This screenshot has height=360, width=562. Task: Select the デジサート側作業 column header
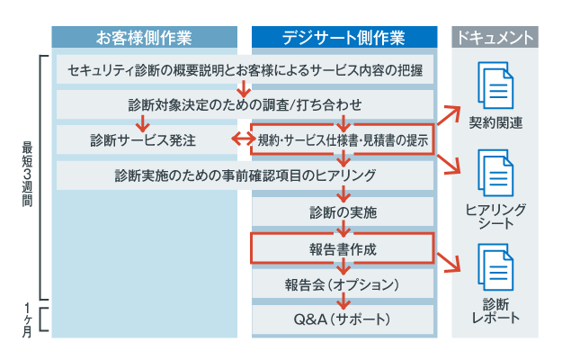pyautogui.click(x=343, y=37)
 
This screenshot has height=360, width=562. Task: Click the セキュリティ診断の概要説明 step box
pyautogui.click(x=245, y=69)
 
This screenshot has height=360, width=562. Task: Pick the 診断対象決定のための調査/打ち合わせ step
pyautogui.click(x=245, y=104)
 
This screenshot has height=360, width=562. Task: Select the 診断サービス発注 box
pyautogui.click(x=143, y=139)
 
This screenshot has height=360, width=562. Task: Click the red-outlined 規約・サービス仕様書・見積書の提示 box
pyautogui.click(x=342, y=139)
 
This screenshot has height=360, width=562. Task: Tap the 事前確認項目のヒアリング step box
pyautogui.click(x=245, y=175)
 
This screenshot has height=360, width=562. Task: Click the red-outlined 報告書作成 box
pyautogui.click(x=343, y=247)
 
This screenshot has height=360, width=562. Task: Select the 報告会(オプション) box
pyautogui.click(x=343, y=283)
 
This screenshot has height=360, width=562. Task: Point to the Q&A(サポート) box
pyautogui.click(x=343, y=319)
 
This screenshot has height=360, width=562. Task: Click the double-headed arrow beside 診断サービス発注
pyautogui.click(x=240, y=139)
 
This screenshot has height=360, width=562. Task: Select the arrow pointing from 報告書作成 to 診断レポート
pyautogui.click(x=449, y=261)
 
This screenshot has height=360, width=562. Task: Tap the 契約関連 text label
pyautogui.click(x=495, y=121)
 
